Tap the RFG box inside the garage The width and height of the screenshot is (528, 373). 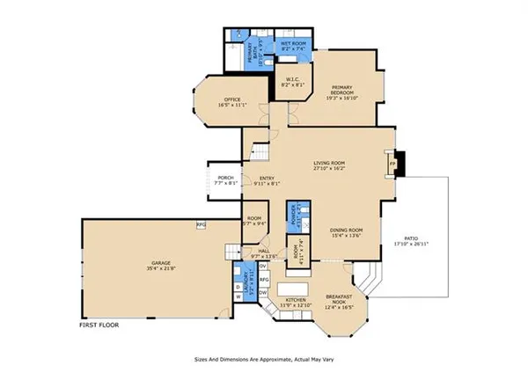(x=201, y=225)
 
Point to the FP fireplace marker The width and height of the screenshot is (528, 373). (x=393, y=163)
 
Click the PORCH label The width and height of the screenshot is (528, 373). (x=225, y=180)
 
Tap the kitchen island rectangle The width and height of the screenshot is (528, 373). (x=294, y=289)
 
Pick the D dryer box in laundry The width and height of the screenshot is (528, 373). (x=238, y=287)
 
